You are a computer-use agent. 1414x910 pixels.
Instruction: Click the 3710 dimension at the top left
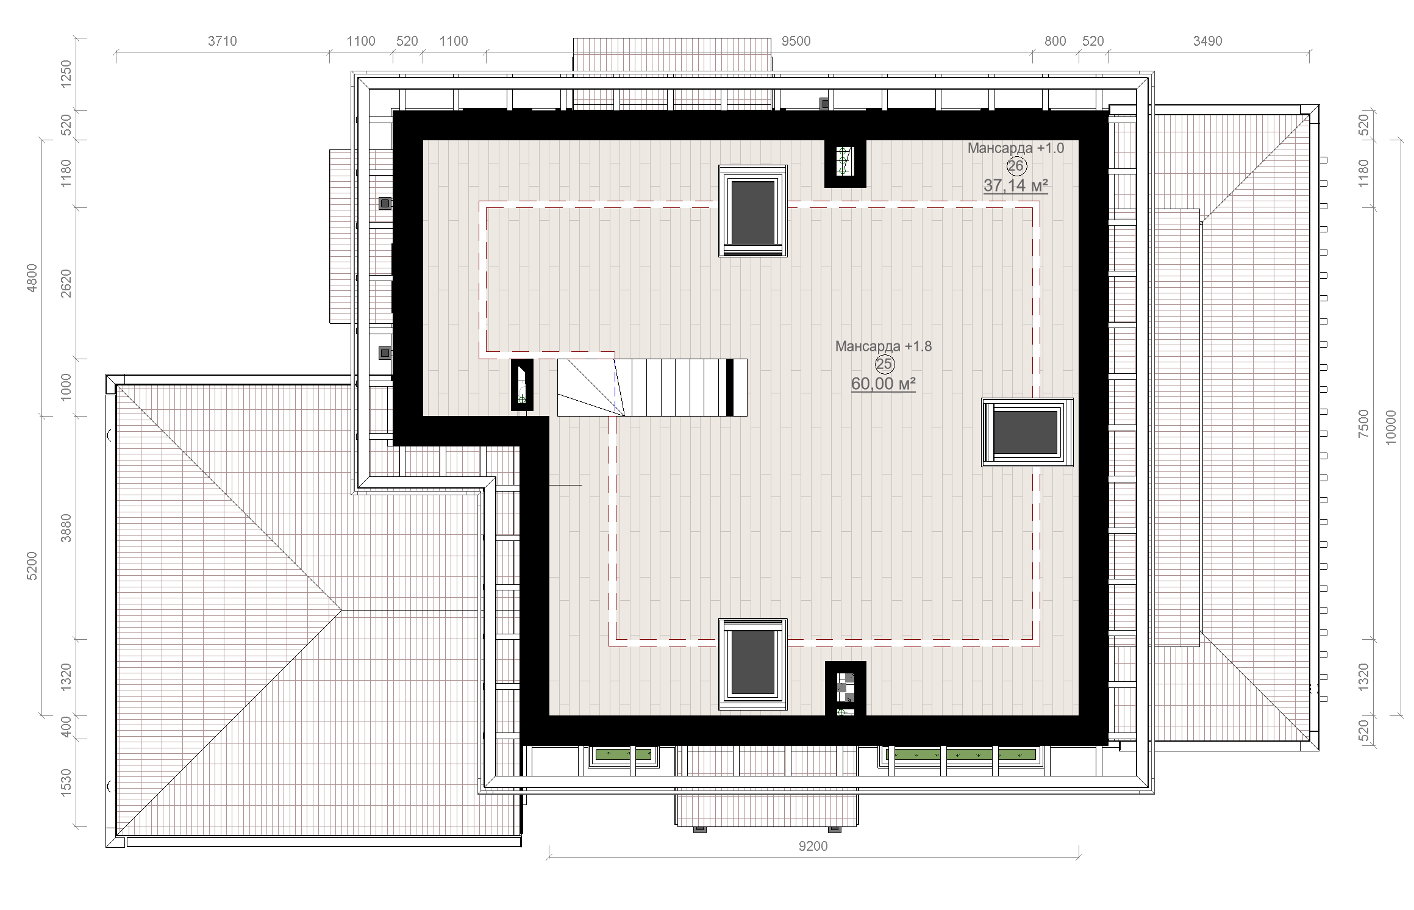coord(222,41)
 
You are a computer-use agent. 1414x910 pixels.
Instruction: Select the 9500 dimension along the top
coord(796,41)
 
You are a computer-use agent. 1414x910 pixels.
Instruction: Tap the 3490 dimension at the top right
coord(1207,41)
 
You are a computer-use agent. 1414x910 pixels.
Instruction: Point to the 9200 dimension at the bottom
coord(813,846)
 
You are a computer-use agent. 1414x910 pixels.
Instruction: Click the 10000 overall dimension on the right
coord(1391,428)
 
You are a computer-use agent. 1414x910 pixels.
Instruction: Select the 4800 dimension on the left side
coord(32,278)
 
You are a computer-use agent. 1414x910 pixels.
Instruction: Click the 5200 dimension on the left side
coord(32,565)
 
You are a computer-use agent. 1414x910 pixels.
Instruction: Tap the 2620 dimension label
coord(66,284)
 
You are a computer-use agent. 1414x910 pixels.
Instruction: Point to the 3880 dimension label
coord(66,528)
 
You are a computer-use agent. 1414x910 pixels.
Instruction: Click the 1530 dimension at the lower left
coord(66,781)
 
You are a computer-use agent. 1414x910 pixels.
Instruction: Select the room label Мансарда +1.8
coord(883,346)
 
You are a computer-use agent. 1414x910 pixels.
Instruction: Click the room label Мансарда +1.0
coord(1015,148)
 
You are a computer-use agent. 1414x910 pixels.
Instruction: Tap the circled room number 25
coord(884,365)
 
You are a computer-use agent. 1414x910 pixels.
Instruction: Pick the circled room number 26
coord(1016,166)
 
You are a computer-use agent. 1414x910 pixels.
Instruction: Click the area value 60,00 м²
coord(883,384)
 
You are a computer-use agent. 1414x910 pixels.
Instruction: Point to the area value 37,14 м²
coord(1015,185)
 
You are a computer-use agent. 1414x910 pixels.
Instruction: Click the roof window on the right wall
coord(1027,432)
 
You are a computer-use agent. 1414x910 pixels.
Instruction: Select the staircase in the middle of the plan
coord(652,387)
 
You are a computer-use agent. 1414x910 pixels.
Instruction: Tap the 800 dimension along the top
coord(1055,41)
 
